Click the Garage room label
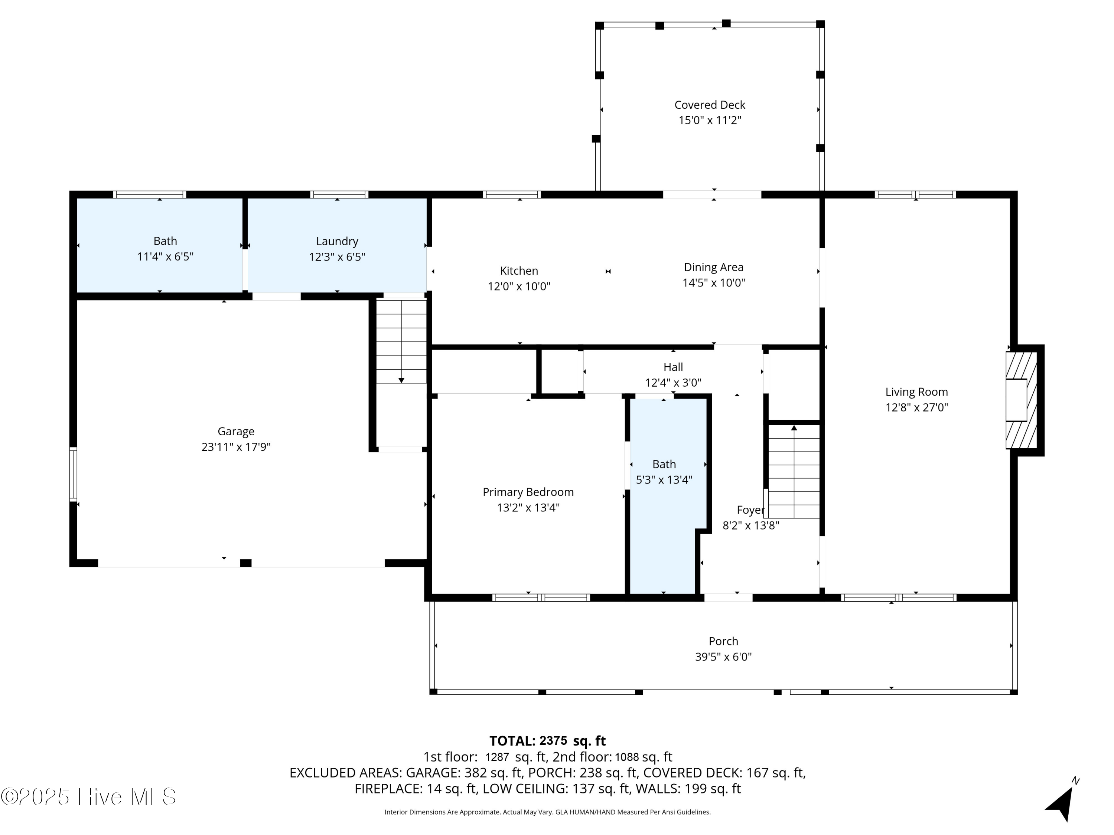click(236, 431)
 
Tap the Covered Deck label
click(710, 105)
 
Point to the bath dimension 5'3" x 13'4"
click(664, 479)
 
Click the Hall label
click(673, 367)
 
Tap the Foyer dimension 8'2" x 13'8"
click(750, 525)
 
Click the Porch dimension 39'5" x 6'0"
click(723, 656)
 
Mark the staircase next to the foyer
click(794, 472)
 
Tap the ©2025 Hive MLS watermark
click(89, 797)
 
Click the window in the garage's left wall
click(74, 474)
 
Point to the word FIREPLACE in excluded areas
click(387, 789)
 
